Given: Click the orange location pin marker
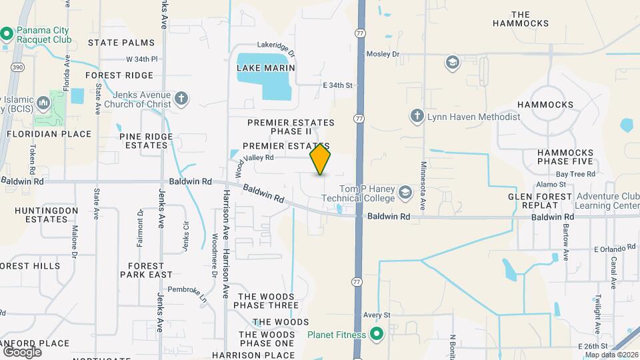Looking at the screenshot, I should point(321,159).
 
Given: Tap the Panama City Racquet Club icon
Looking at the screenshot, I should point(7,33).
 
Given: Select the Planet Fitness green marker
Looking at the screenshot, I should point(376,335).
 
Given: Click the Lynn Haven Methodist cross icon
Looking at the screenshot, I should point(417,117).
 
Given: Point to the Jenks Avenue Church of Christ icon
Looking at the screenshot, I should point(181,99).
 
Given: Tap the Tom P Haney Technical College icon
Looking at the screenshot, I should point(405,193).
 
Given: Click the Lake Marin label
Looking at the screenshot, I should point(265,68).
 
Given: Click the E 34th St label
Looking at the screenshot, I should point(337,85).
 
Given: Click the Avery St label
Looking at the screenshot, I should point(377,314).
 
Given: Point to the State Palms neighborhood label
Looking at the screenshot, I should point(121,43).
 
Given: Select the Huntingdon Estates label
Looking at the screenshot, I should point(47,214).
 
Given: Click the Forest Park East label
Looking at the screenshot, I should point(146,270).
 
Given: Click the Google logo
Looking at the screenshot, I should point(22,351).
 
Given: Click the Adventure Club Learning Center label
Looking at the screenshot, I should point(608,201).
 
